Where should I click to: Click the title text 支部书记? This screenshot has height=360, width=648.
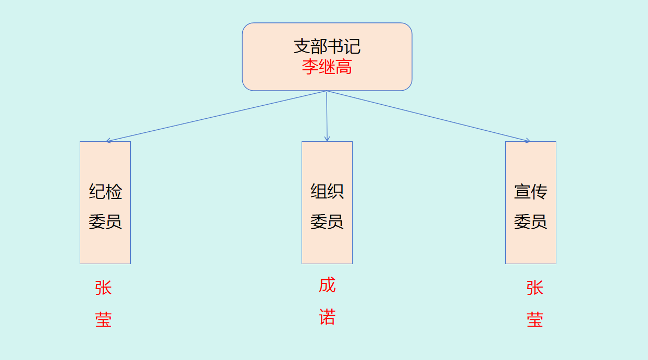(x=327, y=46)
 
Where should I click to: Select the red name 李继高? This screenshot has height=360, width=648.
(x=327, y=67)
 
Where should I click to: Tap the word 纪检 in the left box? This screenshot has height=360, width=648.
(x=105, y=192)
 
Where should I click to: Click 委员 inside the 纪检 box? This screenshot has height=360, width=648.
(x=105, y=222)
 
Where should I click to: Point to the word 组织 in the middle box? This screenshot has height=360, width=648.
(x=327, y=192)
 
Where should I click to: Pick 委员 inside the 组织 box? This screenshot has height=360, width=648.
(x=327, y=222)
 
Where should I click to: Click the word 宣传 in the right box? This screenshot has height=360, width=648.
(x=531, y=192)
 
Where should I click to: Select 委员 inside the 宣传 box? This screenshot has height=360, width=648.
(x=531, y=222)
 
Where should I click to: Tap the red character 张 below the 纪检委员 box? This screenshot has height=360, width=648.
(x=103, y=288)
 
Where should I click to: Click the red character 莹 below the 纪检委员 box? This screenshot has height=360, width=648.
(x=103, y=319)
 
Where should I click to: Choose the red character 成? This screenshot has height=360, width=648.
(x=327, y=285)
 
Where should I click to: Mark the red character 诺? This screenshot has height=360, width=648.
(x=327, y=317)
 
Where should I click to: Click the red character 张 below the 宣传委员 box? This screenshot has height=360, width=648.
(x=535, y=288)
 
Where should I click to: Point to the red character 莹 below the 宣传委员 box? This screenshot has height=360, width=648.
(x=535, y=319)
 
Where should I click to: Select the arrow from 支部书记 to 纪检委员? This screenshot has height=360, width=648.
(x=216, y=116)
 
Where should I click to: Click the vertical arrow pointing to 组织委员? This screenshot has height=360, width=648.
(x=327, y=116)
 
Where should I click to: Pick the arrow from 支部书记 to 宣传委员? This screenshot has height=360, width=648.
(x=428, y=116)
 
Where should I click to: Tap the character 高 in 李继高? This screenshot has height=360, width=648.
(x=344, y=67)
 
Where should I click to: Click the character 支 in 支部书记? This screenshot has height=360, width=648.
(x=302, y=46)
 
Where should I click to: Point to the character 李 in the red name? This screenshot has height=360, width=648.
(x=310, y=67)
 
